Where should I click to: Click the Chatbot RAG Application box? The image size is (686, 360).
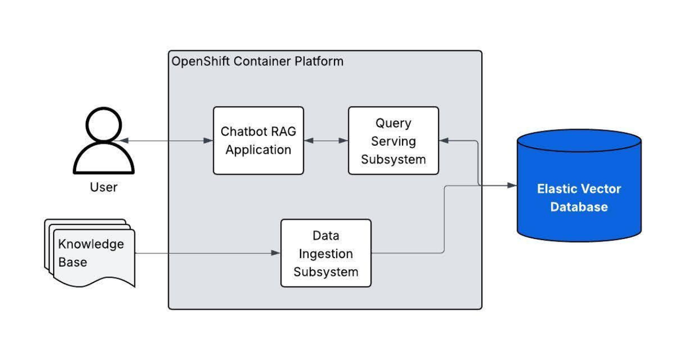click(258, 141)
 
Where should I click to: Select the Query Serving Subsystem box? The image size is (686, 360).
click(393, 141)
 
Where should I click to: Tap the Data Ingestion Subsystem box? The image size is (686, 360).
click(326, 253)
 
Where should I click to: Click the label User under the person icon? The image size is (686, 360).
click(103, 187)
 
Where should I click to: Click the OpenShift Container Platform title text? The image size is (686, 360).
click(258, 61)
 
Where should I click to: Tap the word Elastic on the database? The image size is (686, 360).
click(557, 189)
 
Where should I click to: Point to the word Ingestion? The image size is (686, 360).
click(326, 254)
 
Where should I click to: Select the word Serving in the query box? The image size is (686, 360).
click(393, 141)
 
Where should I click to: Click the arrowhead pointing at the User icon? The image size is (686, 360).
click(116, 141)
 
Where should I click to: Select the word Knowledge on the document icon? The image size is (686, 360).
click(91, 245)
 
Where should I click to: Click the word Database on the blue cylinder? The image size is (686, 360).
click(579, 206)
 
